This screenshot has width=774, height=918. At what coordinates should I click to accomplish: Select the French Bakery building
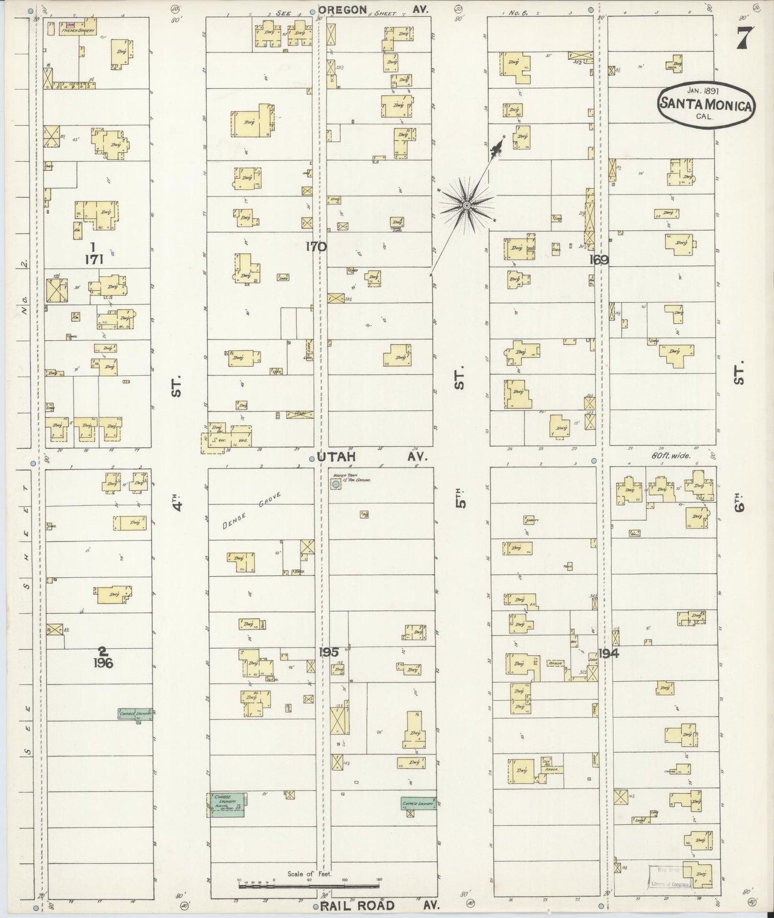tap(78, 27)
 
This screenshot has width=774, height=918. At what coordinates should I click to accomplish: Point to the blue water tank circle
tap(335, 484)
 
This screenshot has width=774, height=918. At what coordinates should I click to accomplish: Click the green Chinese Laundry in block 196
tap(136, 713)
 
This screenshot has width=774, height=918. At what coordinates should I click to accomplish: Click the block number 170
tap(316, 246)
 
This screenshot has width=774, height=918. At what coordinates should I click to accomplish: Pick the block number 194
tap(609, 653)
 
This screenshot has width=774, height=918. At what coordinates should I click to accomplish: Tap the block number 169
tap(599, 260)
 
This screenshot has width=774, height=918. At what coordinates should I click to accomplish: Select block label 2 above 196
tap(102, 652)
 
